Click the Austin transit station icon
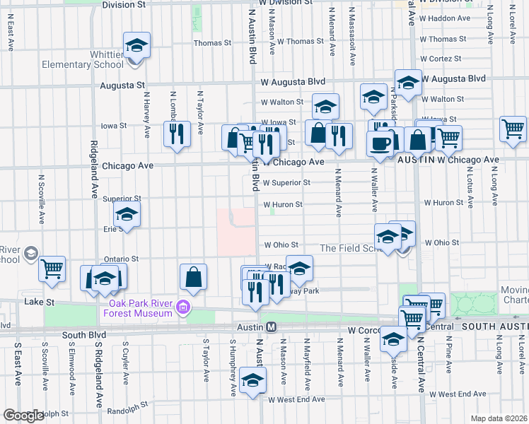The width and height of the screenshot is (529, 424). pos(270,327)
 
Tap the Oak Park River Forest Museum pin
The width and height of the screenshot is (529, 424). pos(183,307)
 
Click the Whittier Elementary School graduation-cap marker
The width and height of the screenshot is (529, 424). pos(136,46)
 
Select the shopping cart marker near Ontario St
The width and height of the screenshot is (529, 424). pos(52,269)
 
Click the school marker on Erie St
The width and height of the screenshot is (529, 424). pos(127,213)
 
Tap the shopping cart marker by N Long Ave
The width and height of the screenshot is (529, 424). pos(513,129)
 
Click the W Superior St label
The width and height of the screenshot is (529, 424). pos(286,182)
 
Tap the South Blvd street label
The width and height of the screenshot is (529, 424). pos(83,335)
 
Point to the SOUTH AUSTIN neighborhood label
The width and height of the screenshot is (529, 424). pos(495,326)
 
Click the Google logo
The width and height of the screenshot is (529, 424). pos(24,416)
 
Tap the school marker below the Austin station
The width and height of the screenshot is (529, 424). pos(252,380)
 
